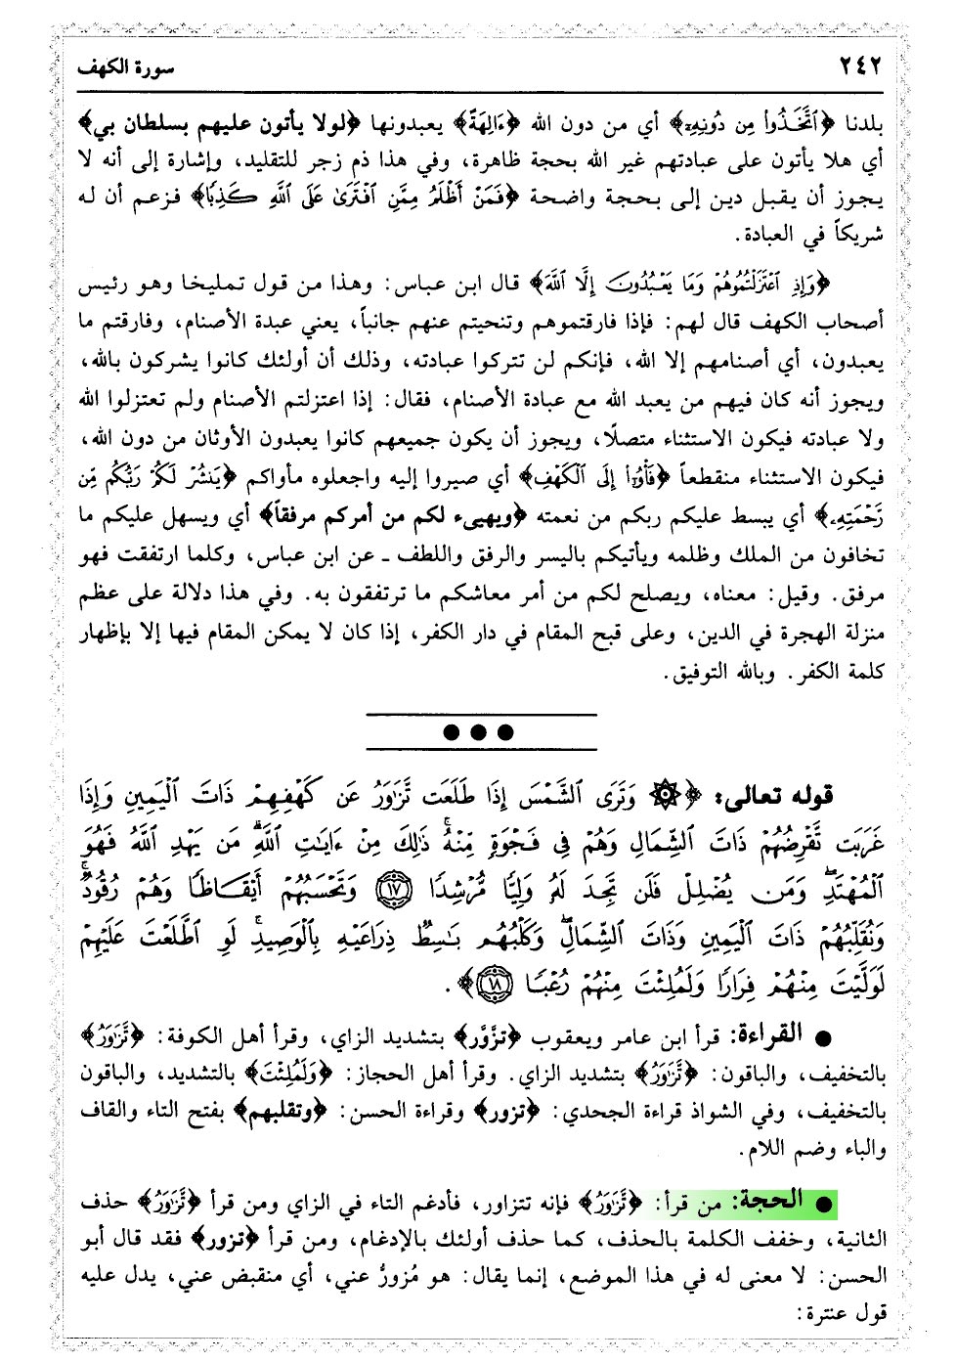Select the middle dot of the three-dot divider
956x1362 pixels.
click(479, 731)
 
